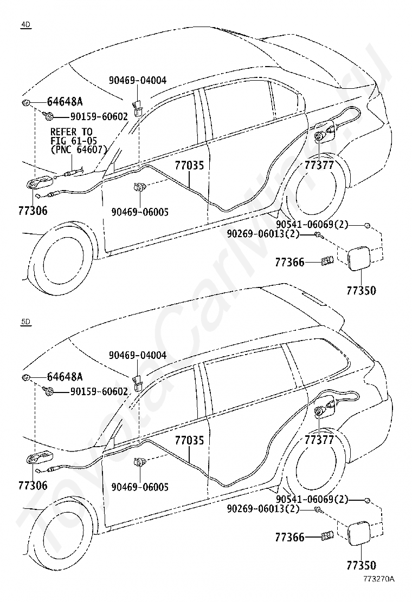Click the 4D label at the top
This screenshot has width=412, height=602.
25,24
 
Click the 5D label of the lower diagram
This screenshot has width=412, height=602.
25,322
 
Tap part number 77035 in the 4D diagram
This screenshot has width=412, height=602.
190,166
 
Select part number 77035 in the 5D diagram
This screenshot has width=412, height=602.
190,440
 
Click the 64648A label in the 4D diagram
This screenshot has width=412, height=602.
65,102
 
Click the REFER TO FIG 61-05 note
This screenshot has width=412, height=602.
79,141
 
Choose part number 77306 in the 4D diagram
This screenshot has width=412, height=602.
33,211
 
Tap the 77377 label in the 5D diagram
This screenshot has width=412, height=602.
319,440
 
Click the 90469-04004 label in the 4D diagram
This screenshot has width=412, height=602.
138,80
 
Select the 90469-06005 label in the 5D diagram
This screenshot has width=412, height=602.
140,487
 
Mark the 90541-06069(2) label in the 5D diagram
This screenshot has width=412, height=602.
312,500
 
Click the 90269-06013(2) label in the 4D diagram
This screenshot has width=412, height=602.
263,234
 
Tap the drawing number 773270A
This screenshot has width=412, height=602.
378,590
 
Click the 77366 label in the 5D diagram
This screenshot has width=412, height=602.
289,537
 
